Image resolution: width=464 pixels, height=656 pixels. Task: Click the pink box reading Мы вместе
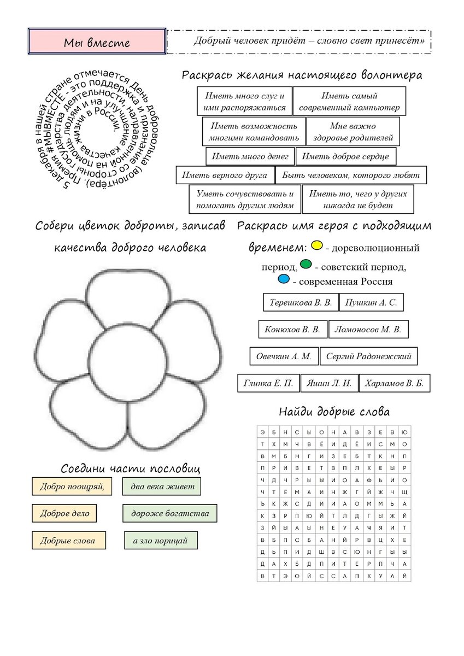click(x=97, y=42)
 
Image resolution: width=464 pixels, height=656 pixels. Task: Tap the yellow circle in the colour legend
click(x=316, y=245)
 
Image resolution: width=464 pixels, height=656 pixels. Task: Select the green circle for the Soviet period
click(x=306, y=265)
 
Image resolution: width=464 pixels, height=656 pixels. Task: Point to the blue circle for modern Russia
click(x=283, y=280)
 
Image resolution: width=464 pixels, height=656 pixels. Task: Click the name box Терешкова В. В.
click(x=301, y=302)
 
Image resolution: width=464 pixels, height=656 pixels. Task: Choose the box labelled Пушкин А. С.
click(x=371, y=302)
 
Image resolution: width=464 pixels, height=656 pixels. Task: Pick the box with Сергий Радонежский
click(x=368, y=356)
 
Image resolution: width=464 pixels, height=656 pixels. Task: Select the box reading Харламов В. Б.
click(x=394, y=383)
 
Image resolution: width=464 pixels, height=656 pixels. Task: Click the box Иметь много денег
click(x=250, y=156)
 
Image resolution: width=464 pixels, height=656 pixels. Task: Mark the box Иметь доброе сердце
click(x=345, y=156)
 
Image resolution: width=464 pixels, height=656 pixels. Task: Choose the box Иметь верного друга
click(x=225, y=175)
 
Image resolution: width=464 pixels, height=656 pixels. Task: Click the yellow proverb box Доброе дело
click(x=64, y=513)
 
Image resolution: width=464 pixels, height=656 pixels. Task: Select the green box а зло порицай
click(x=160, y=540)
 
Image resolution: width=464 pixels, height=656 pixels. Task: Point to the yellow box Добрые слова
click(x=68, y=540)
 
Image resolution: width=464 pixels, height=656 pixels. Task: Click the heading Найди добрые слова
click(x=334, y=412)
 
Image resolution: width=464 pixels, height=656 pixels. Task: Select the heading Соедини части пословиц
click(x=131, y=468)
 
